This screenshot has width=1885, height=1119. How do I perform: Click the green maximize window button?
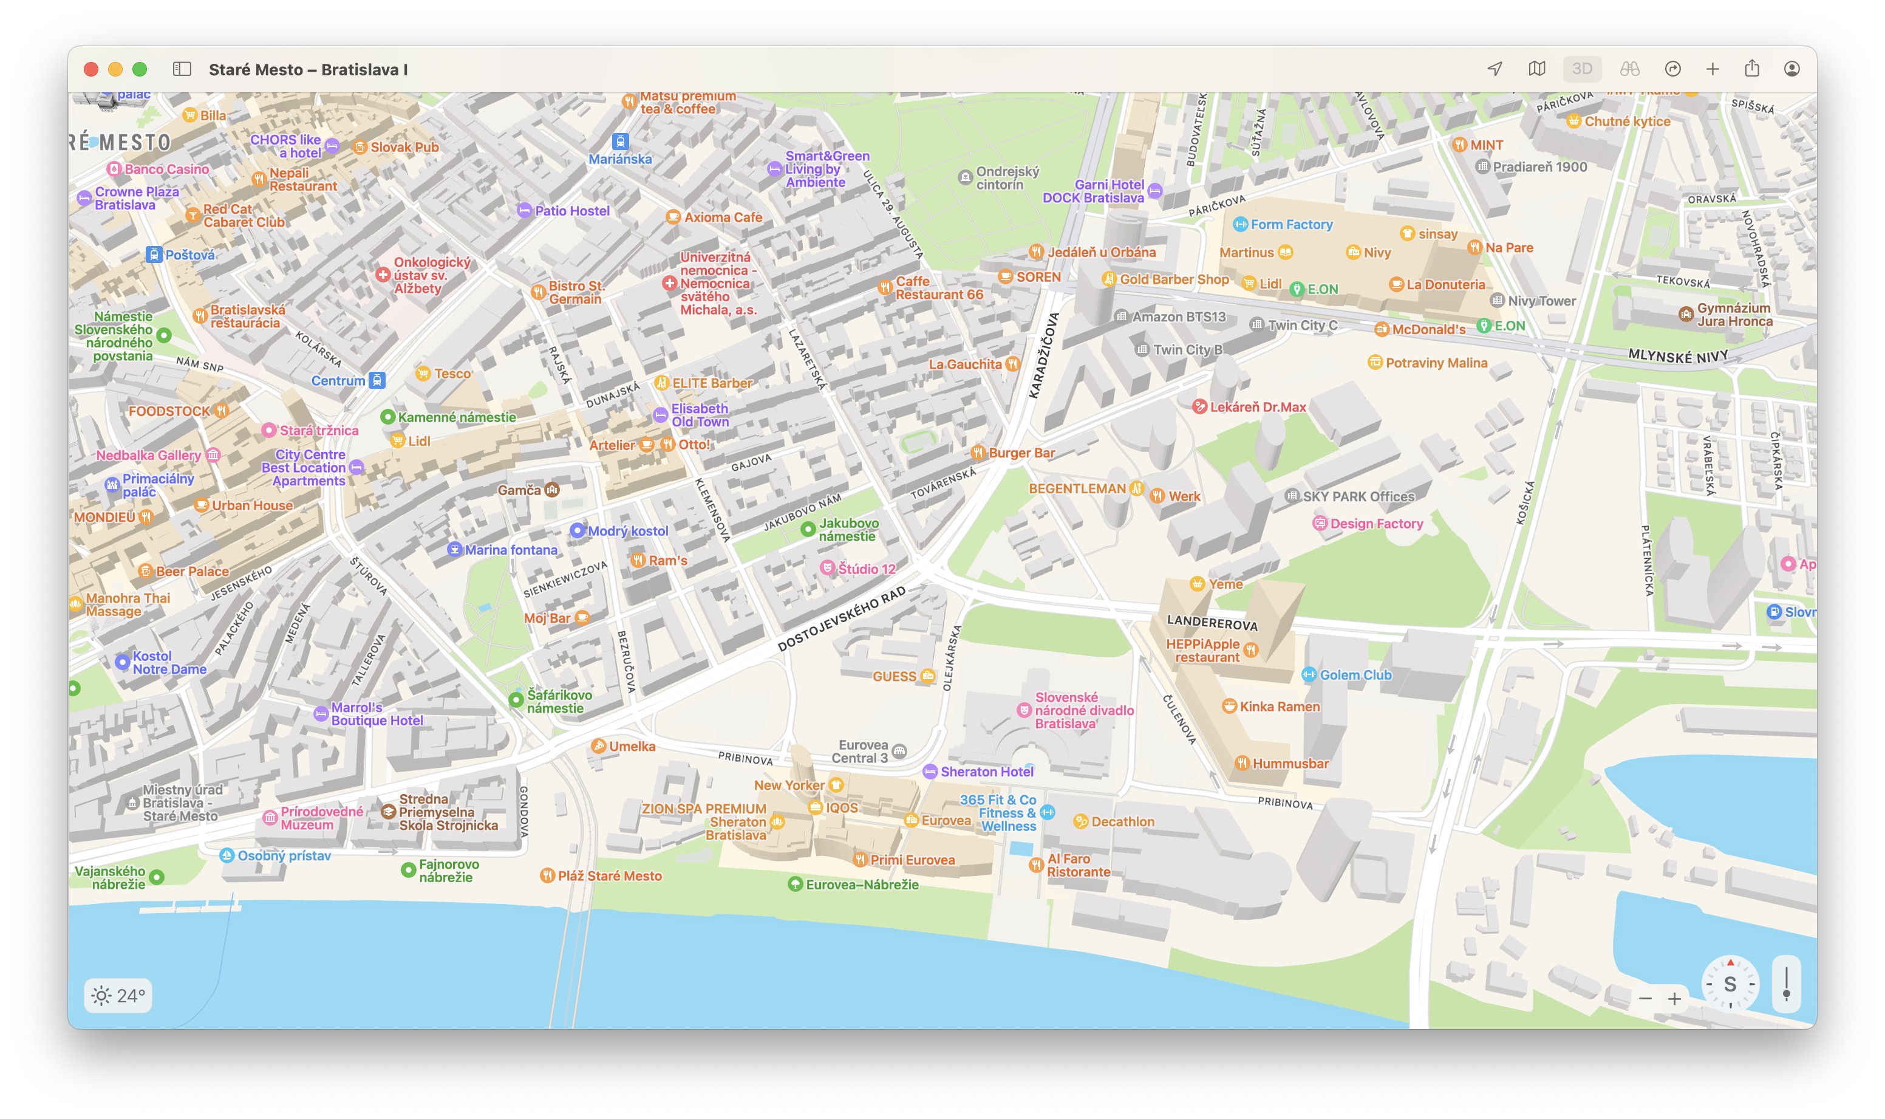(140, 69)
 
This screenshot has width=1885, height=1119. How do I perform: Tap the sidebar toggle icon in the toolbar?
(182, 69)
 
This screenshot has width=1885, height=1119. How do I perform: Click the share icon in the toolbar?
(1751, 69)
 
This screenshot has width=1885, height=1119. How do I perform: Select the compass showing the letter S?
(1730, 984)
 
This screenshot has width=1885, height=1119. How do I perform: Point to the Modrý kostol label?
(627, 531)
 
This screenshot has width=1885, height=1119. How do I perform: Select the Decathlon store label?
(1122, 821)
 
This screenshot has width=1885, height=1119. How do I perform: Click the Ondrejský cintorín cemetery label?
(1007, 178)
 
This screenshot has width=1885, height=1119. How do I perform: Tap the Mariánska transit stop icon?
(620, 141)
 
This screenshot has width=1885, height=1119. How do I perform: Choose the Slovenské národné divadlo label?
(1083, 710)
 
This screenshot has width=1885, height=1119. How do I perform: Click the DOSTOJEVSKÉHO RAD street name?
(841, 620)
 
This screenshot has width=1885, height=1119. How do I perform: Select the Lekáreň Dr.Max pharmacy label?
(1257, 406)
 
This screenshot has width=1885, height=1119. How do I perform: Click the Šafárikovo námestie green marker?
(516, 700)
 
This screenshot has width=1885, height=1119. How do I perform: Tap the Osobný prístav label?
(284, 855)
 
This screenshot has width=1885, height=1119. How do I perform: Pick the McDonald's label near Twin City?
(1428, 329)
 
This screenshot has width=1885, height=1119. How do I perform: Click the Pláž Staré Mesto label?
(609, 875)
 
